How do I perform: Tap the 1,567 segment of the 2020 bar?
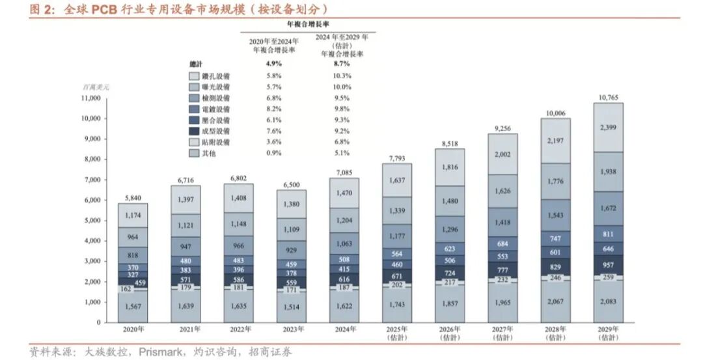[133, 306]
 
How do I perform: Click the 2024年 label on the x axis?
[344, 329]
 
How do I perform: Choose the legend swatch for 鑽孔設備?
[193, 76]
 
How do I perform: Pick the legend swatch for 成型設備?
[193, 132]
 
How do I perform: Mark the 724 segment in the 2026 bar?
[450, 272]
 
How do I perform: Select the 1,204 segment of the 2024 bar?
[344, 221]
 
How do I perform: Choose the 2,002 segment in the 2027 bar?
[503, 154]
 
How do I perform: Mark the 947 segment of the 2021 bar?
[186, 247]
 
